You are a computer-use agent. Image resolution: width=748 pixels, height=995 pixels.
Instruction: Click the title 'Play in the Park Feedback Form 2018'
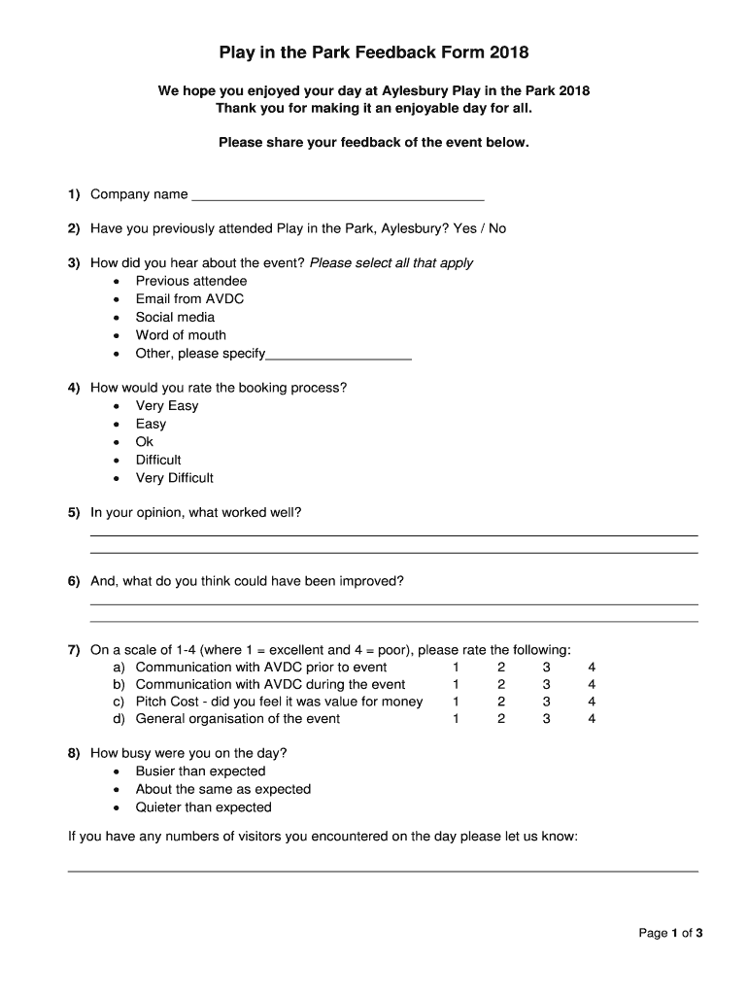[374, 51]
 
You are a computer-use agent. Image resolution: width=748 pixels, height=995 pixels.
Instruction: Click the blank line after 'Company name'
[338, 195]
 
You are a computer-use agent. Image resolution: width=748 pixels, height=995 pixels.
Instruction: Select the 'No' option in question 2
[497, 229]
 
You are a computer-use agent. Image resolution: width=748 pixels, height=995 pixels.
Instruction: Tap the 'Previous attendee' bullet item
[190, 281]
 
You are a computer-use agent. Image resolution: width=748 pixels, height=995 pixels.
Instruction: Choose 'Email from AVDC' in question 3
[189, 299]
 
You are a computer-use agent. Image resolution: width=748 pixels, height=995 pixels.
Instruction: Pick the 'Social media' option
[175, 317]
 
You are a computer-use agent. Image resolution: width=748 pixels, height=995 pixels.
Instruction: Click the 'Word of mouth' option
[181, 335]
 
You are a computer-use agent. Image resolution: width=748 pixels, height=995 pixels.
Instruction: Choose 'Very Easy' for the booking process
[166, 406]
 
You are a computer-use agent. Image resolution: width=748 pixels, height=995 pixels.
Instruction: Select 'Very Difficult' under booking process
[174, 478]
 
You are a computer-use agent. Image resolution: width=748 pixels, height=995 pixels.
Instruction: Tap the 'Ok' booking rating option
[145, 442]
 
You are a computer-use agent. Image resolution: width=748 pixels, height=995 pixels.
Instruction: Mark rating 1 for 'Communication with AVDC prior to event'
[456, 668]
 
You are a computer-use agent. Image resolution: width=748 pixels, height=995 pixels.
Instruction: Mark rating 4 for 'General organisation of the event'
[592, 719]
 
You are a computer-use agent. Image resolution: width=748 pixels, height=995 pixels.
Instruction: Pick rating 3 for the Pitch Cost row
[546, 702]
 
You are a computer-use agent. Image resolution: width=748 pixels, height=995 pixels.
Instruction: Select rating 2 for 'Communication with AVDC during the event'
[501, 684]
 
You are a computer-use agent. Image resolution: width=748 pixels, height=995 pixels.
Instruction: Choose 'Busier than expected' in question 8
[200, 772]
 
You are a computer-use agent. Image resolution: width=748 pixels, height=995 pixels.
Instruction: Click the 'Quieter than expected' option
[203, 807]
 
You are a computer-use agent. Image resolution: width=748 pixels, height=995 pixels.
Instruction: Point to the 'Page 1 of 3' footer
[669, 934]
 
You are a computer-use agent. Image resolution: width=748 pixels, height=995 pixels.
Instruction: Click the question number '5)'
[74, 512]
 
